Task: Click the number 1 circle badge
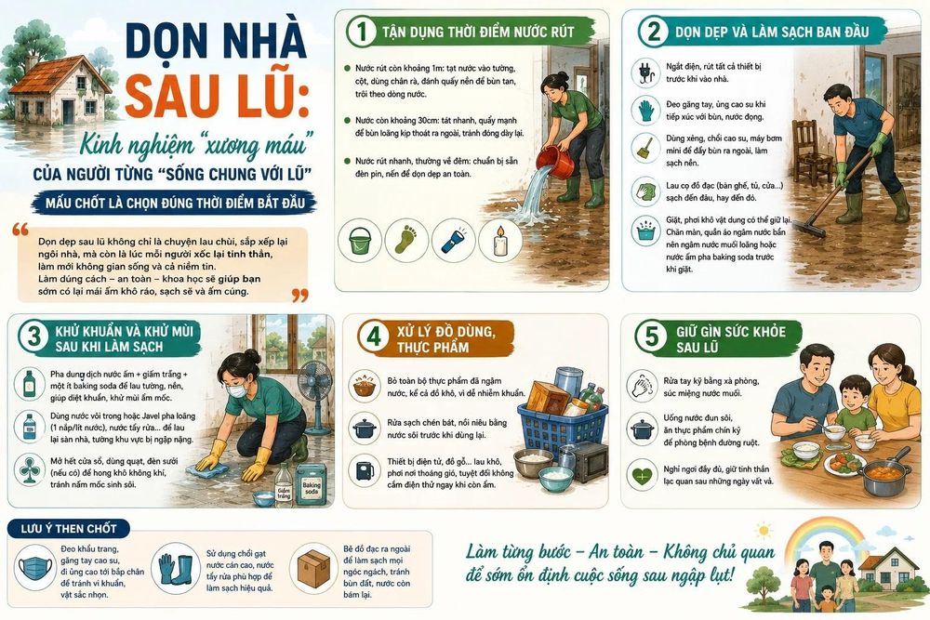coord(361,31)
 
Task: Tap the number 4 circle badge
coord(373,337)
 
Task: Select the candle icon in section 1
coord(500,241)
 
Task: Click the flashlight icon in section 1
coord(454,241)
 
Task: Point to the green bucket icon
coord(360,241)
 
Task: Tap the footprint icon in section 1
coord(407,241)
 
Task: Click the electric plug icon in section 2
coord(645,73)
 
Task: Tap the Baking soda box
coord(311,484)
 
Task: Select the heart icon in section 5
coord(643,475)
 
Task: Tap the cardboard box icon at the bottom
coord(312,567)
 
